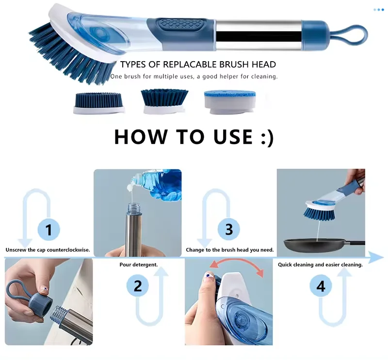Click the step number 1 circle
click(48, 229)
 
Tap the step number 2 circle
click(138, 286)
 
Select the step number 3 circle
click(228, 229)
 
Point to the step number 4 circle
click(321, 286)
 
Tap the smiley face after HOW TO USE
click(264, 137)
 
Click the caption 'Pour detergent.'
click(138, 264)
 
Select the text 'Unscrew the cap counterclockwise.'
click(48, 250)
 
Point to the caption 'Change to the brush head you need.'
click(230, 250)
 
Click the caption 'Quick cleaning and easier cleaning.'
click(320, 264)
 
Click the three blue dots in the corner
click(378, 9)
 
